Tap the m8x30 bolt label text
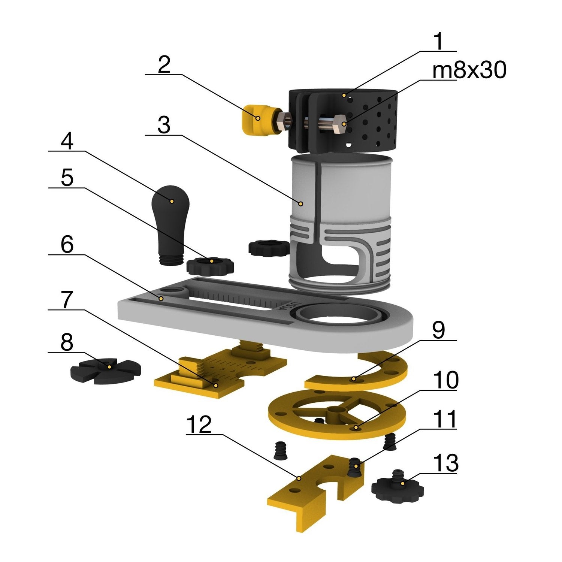(x=469, y=70)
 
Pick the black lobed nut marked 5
(x=210, y=266)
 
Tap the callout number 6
(x=67, y=245)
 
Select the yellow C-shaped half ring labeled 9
(x=360, y=375)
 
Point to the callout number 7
(x=66, y=300)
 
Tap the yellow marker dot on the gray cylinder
(x=300, y=204)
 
